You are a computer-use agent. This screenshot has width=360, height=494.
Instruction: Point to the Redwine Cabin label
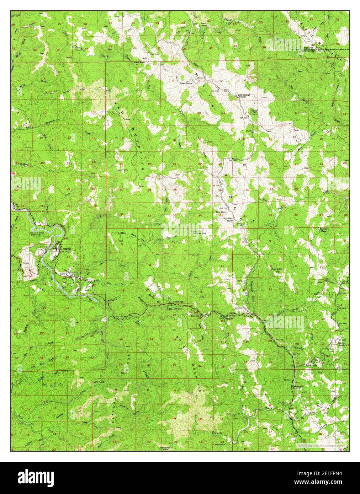pos(324,230)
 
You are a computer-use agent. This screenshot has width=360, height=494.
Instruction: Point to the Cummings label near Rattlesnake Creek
pos(178,302)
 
